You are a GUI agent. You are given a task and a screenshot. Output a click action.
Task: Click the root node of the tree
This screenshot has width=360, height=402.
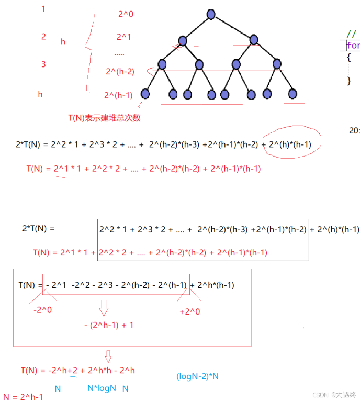pos(211,14)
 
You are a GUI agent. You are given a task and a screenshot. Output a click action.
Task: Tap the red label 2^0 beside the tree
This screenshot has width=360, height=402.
pos(126,15)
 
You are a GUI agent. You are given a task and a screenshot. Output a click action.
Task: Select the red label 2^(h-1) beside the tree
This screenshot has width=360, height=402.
pos(118,95)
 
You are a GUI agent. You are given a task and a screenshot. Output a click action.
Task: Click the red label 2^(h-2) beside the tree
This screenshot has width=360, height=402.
pos(119,71)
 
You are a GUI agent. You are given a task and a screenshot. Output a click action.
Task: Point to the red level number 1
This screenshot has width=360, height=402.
pos(43,9)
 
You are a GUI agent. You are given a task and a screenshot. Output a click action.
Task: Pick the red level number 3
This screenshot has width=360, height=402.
pos(43,64)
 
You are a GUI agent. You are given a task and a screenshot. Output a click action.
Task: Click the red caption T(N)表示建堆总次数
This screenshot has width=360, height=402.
pos(104,118)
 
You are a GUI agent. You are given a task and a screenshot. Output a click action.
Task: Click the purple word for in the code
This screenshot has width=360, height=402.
pos(353,46)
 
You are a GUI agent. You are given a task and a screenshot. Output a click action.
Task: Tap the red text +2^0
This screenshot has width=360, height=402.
pos(190,311)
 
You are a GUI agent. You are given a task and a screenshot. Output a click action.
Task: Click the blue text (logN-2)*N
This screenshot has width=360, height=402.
pos(197,376)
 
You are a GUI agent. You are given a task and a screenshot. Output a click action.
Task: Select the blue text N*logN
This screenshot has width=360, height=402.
pos(101,388)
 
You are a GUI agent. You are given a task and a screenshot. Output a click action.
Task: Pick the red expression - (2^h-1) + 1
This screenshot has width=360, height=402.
pos(108,325)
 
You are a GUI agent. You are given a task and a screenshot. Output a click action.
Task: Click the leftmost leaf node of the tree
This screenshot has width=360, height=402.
pos(145,94)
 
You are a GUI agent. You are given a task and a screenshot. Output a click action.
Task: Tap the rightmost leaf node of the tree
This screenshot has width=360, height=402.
pos(292,94)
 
